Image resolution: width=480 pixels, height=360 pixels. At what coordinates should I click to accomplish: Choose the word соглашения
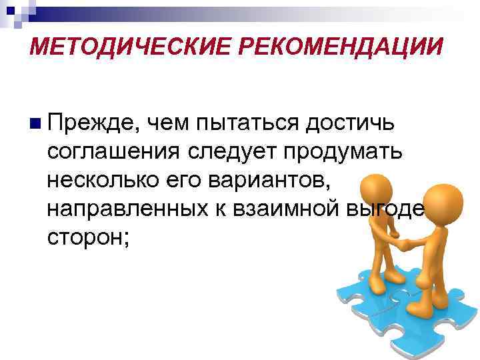click(x=113, y=152)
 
